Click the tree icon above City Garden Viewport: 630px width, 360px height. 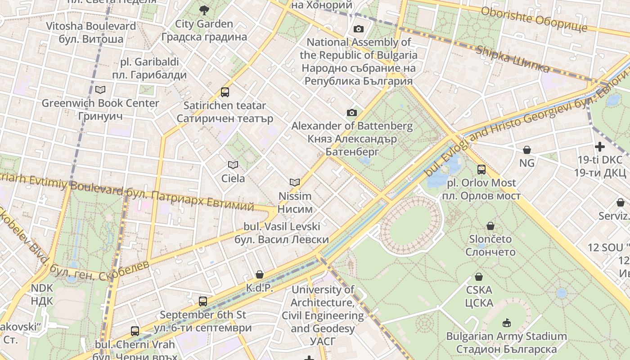(204, 10)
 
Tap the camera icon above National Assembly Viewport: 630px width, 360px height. (358, 29)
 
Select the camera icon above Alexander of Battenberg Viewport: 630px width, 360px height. (351, 112)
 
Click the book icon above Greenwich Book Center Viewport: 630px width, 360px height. (100, 90)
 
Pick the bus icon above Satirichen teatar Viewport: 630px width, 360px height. (225, 92)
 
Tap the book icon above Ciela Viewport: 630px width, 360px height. (233, 165)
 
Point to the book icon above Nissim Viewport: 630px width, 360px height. (295, 182)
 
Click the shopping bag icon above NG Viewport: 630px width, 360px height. (526, 149)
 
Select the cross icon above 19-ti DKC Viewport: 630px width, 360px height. (599, 147)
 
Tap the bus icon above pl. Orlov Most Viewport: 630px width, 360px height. (481, 170)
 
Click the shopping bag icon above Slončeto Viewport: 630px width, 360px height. (490, 225)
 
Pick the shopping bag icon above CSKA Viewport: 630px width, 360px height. (479, 277)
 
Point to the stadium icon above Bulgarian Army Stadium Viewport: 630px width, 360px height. (506, 323)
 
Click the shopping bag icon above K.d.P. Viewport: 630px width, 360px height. (260, 274)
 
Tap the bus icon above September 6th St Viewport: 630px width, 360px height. (203, 301)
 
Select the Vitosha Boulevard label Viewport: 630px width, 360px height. (91, 32)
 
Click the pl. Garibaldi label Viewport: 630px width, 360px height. (149, 68)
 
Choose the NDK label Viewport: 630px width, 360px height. (42, 294)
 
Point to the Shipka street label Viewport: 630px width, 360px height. (513, 59)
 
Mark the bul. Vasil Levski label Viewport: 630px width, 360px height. (282, 233)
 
